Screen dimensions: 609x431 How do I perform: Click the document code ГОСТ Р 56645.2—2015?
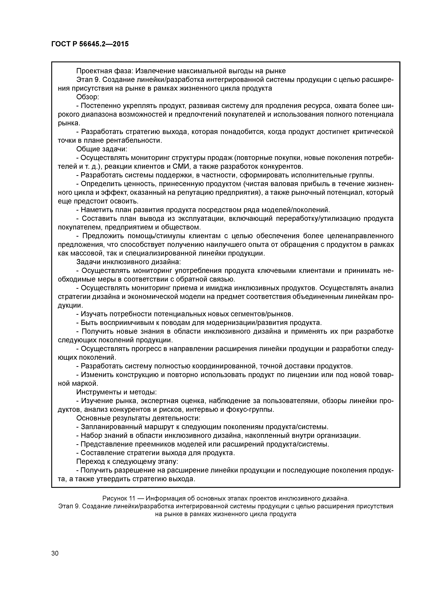point(90,44)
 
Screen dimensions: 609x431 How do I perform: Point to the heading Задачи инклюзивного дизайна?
point(129,262)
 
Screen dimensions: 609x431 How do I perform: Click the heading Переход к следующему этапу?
point(127,462)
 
